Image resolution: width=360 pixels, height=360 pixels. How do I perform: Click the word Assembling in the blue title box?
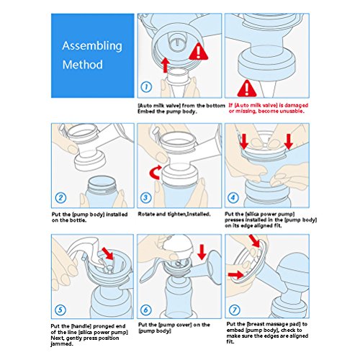(x=92, y=46)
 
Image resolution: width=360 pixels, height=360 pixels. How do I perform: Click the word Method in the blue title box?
(x=83, y=65)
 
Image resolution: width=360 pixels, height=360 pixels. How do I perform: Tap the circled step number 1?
(x=146, y=86)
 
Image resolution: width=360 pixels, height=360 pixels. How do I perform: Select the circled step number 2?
(x=60, y=198)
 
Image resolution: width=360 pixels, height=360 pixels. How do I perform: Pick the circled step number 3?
(x=145, y=198)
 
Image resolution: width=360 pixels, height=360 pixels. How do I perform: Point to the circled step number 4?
(x=233, y=198)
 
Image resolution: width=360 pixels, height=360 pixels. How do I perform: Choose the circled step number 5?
(x=60, y=310)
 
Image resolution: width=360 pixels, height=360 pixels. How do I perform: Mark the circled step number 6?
(x=145, y=310)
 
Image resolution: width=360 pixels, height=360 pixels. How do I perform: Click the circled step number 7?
(x=234, y=310)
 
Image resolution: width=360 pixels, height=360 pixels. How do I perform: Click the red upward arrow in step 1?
(x=165, y=65)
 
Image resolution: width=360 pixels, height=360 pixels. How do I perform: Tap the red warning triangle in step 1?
(x=198, y=52)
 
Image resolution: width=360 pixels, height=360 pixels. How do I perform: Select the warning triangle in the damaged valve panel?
(x=247, y=89)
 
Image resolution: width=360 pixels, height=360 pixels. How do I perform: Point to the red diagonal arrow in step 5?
(x=108, y=253)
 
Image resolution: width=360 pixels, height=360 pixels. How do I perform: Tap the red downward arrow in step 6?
(x=202, y=252)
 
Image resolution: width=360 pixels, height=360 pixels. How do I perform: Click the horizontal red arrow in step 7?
(x=236, y=275)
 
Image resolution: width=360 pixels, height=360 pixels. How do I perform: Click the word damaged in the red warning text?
(x=296, y=105)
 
